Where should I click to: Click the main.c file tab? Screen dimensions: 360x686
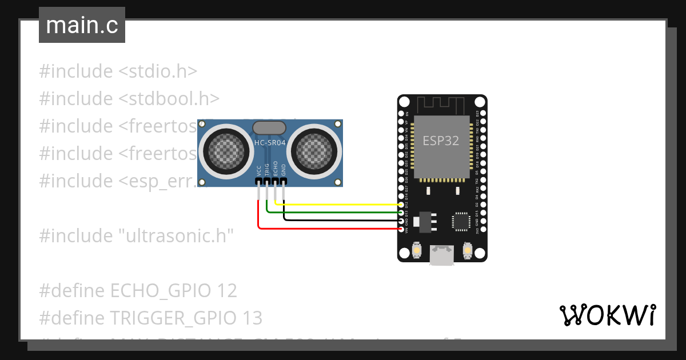pyautogui.click(x=82, y=25)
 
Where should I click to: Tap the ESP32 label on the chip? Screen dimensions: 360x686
pyautogui.click(x=440, y=141)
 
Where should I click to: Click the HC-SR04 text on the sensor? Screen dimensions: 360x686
pyautogui.click(x=270, y=143)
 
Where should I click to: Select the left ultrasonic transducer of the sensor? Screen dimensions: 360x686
pyautogui.click(x=221, y=150)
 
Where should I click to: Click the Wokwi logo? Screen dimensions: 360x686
pyautogui.click(x=607, y=315)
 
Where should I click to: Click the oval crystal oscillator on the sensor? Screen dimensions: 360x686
pyautogui.click(x=270, y=128)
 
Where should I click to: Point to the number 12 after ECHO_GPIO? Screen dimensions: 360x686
pyautogui.click(x=227, y=291)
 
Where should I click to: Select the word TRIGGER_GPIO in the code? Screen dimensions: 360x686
pyautogui.click(x=172, y=318)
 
